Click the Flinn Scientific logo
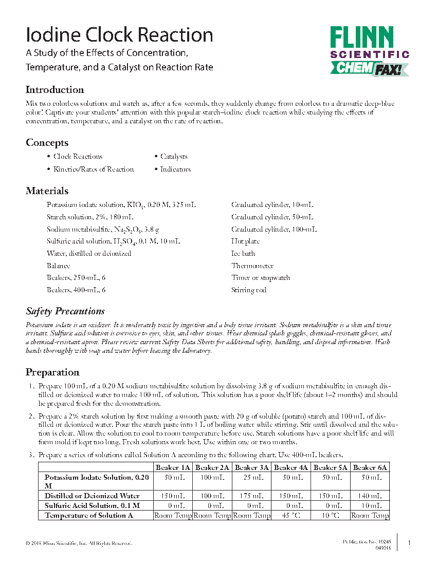[x=369, y=51]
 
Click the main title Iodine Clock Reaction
[x=119, y=35]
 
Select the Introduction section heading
[x=55, y=90]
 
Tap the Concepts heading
[x=47, y=143]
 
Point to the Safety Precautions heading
[x=65, y=311]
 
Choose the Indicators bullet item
[x=175, y=169]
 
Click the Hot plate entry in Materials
[x=245, y=241]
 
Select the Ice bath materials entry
[x=243, y=254]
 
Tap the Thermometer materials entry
[x=252, y=266]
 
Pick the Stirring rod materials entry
[x=249, y=290]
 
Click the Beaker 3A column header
[x=252, y=467]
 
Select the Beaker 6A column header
[x=370, y=467]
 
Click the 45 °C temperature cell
[x=292, y=515]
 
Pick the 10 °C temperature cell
[x=331, y=515]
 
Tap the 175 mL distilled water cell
[x=252, y=496]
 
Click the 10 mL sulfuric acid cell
[x=370, y=506]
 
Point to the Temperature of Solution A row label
[x=89, y=515]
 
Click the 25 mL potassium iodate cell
[x=252, y=478]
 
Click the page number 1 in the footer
[x=409, y=543]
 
